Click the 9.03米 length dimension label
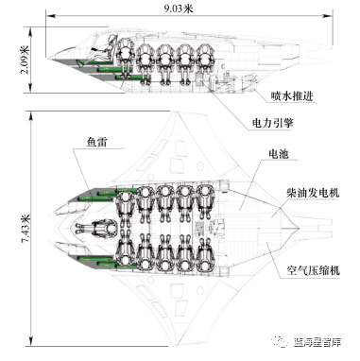coord(178,8)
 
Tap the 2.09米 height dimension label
coord(26,60)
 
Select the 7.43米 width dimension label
coord(26,229)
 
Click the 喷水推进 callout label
coord(292,95)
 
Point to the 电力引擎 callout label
coord(272,123)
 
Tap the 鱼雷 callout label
coord(96,143)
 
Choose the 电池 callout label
coord(279,154)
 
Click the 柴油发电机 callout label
coord(313,193)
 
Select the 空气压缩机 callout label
coord(314,270)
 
